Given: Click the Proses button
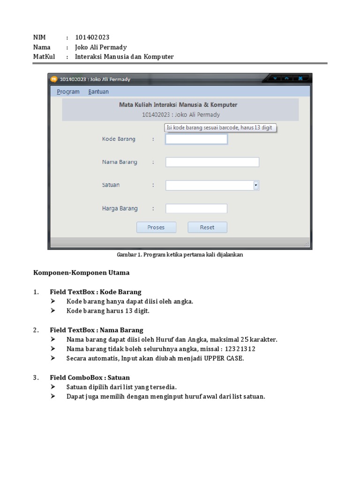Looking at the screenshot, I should (x=156, y=227).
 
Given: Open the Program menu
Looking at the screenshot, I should (x=68, y=92).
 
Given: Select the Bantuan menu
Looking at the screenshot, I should (x=98, y=92).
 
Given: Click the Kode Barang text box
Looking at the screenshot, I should (x=196, y=139).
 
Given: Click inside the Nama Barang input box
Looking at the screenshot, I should (x=212, y=162).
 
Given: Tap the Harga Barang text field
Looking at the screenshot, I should (x=196, y=208).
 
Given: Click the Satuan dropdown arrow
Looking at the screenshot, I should (x=256, y=185).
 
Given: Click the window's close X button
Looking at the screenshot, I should (x=300, y=78).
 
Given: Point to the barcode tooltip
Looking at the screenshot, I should (x=219, y=128).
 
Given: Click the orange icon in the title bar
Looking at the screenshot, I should (x=54, y=79).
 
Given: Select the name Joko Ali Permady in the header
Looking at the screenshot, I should (x=101, y=47).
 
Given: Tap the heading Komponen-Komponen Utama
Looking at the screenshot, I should (x=81, y=272).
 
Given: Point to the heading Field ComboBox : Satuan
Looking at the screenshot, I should (x=90, y=377).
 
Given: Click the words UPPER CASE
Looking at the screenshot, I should (x=224, y=359).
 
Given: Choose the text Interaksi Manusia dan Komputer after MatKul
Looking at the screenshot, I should (x=124, y=57).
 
